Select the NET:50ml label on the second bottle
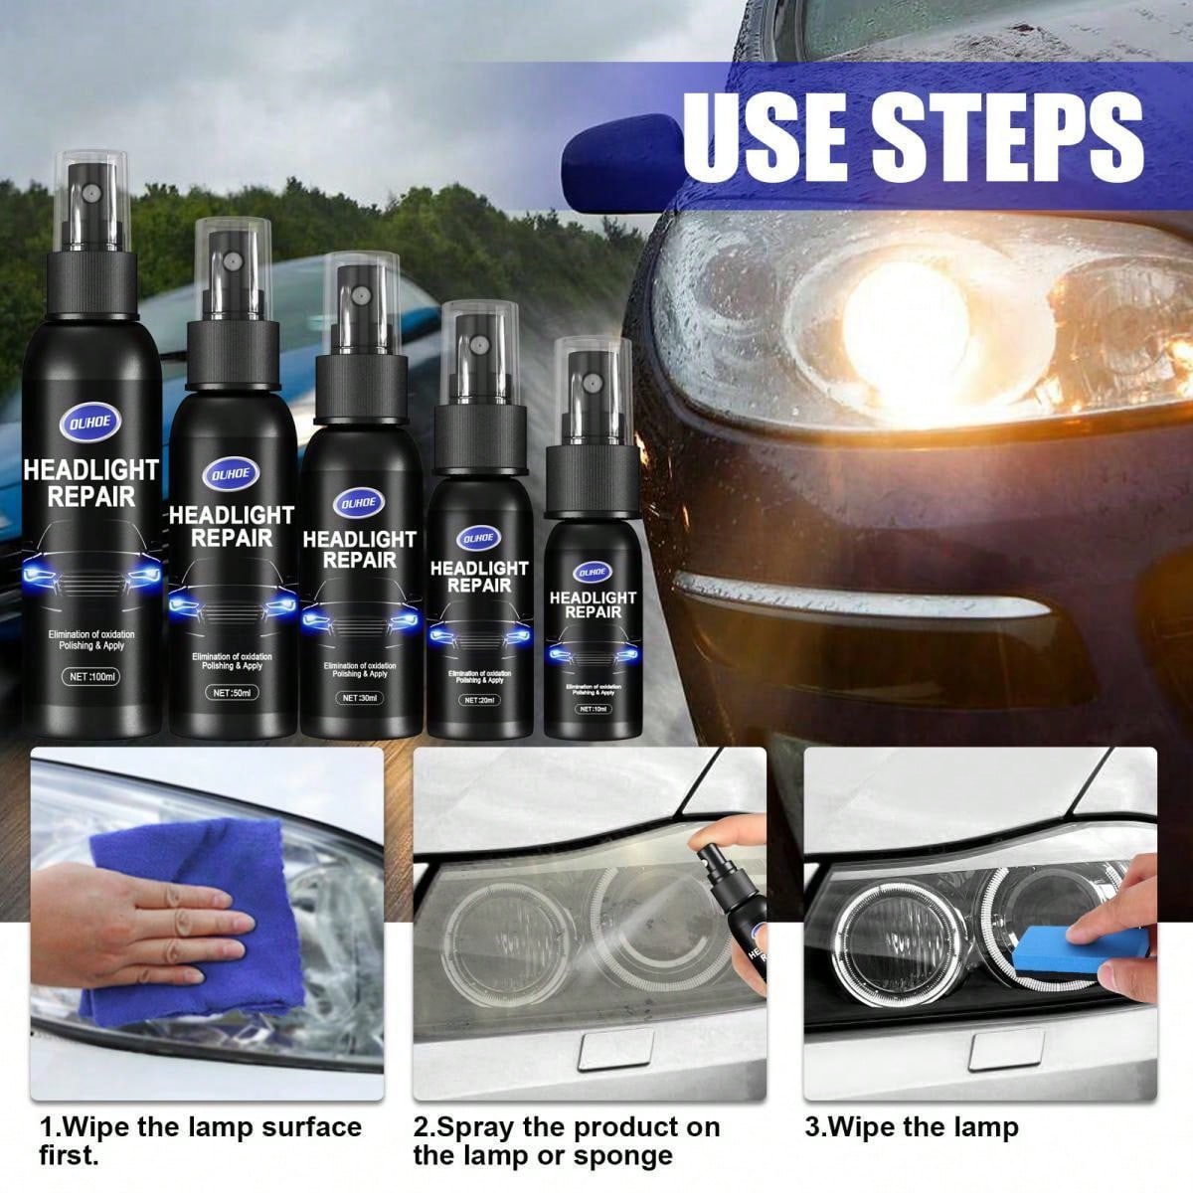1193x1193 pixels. [x=231, y=690]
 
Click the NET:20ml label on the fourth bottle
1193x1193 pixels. [x=479, y=700]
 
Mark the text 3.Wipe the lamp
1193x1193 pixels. [x=911, y=1127]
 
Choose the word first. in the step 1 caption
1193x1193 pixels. [x=69, y=1156]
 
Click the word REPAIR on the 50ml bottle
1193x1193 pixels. [x=231, y=538]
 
